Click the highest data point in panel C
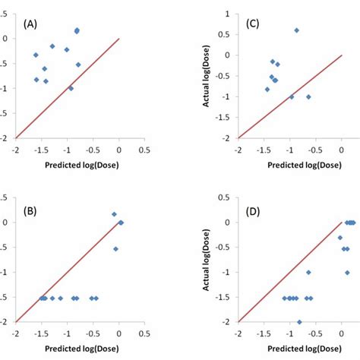296,30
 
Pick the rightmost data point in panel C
308,96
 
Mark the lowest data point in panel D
299,321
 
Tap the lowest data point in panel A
71,88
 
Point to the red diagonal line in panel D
289,272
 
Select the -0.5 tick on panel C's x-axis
315,150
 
